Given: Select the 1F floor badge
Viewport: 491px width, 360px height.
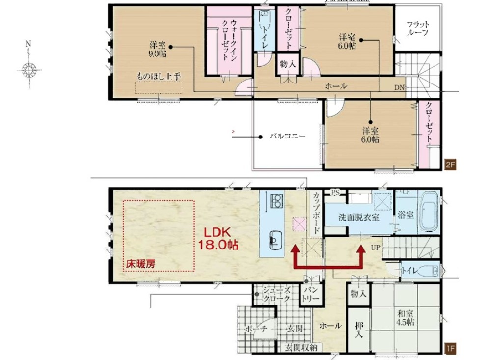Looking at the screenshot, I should point(450,349).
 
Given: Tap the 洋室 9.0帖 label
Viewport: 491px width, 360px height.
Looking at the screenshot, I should point(158,48).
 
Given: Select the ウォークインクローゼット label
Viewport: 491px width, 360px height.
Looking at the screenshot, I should point(229,40).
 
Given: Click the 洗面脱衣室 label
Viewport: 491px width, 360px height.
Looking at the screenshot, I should point(358,217).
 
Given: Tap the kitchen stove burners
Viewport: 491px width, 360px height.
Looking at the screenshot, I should point(276,201).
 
